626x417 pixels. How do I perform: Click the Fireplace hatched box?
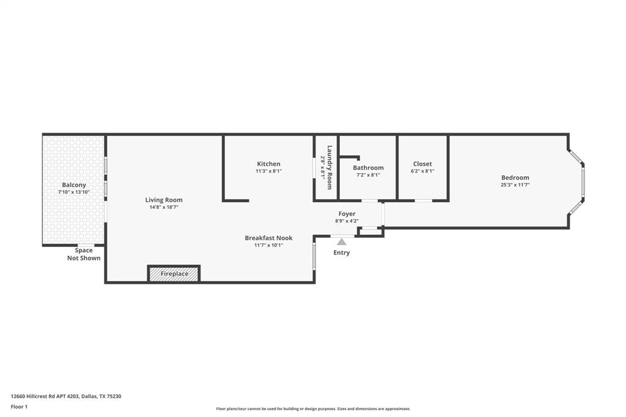(x=174, y=274)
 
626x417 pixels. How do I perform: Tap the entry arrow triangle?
(x=342, y=242)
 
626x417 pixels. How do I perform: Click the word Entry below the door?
(x=342, y=253)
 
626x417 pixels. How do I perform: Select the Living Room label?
(x=163, y=200)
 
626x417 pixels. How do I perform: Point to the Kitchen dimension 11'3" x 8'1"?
(x=268, y=172)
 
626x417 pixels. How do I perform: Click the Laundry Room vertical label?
(x=330, y=167)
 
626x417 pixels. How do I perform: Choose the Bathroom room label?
(x=368, y=168)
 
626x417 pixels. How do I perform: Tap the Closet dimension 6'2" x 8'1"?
(x=422, y=172)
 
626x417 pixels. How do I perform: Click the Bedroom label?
(x=515, y=177)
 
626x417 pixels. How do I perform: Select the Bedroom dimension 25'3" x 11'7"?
(x=515, y=185)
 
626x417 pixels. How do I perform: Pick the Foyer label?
(x=347, y=214)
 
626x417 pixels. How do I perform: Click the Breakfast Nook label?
(x=268, y=238)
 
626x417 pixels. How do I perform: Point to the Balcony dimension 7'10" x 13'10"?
(x=73, y=193)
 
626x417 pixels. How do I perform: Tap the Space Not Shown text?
(x=84, y=254)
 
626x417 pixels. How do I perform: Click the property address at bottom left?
(x=66, y=396)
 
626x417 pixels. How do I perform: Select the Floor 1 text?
(x=19, y=407)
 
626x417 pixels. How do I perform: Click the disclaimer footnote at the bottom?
(x=313, y=409)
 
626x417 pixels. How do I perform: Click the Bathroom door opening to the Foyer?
(x=369, y=201)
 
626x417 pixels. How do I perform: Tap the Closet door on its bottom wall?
(x=423, y=201)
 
